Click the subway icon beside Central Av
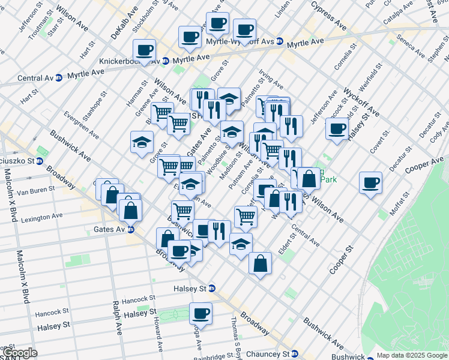point(59,78)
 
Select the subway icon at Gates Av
point(130,230)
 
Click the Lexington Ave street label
point(42,218)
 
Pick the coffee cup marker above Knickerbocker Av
point(144,50)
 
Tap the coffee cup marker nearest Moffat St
point(370,182)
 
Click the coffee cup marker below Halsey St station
point(200,313)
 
